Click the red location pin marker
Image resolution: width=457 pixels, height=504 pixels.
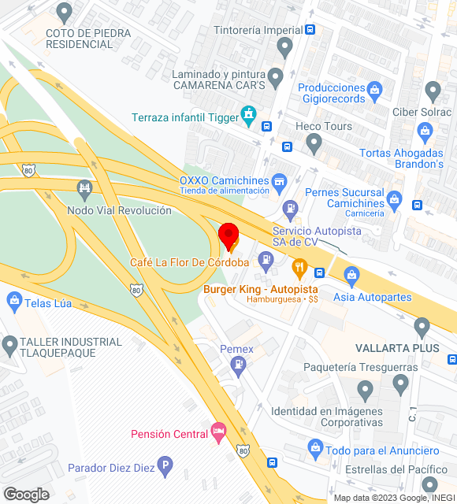(228, 235)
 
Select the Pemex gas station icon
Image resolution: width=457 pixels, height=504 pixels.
(237, 364)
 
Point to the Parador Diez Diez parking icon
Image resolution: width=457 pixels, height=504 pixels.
(165, 467)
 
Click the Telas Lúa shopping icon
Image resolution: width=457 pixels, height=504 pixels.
(13, 299)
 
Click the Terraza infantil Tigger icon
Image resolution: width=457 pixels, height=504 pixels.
(250, 117)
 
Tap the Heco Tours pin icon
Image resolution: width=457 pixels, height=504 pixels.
(314, 144)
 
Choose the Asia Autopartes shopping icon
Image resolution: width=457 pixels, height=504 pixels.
(351, 276)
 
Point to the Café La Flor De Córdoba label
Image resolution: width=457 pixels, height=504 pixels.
(190, 262)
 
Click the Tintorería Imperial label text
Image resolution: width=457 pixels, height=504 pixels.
(258, 30)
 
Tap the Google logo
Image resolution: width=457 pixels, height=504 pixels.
(26, 495)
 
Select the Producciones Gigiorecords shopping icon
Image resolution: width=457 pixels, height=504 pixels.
(374, 87)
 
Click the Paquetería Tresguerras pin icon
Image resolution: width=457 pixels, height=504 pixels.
(364, 388)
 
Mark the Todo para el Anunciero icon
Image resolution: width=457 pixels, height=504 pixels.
(316, 448)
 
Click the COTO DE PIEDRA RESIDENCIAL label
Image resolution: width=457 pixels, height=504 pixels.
(80, 39)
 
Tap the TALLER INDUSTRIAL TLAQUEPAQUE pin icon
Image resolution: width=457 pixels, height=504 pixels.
(10, 344)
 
